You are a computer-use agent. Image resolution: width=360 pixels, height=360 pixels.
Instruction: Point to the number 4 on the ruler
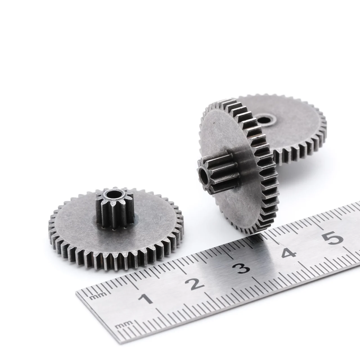[289, 253]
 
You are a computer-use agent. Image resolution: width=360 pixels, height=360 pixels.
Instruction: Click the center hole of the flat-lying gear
[112, 194]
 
